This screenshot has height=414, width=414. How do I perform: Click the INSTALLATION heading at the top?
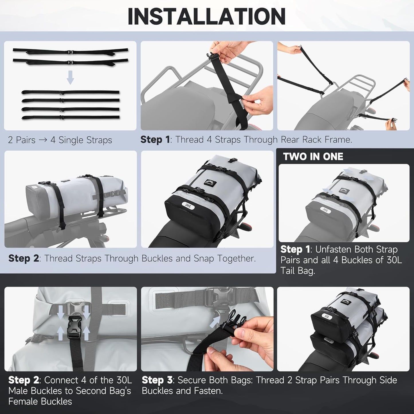[x=207, y=17]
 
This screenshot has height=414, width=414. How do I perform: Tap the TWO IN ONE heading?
[x=313, y=157]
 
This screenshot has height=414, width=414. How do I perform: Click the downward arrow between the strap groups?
[x=70, y=78]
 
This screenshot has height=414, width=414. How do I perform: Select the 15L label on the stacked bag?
[x=327, y=317]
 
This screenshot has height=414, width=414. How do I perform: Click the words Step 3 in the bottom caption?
[x=157, y=380]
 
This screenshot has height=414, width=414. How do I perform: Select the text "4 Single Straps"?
[x=81, y=140]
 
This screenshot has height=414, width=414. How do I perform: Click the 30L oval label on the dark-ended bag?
[x=188, y=205]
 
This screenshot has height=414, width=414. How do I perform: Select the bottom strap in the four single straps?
[x=70, y=117]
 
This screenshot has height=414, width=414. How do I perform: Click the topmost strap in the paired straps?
[x=70, y=51]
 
